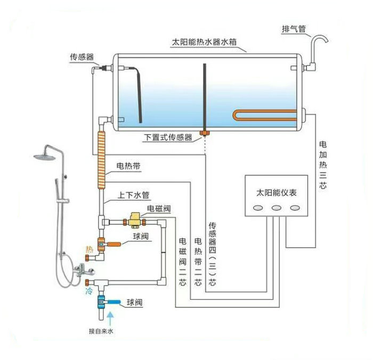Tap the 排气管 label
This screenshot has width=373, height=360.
(294, 29)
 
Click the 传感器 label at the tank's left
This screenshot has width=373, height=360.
(82, 56)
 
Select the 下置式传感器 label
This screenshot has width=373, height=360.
(168, 137)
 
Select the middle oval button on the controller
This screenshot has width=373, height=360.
(276, 209)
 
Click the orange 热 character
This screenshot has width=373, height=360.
(89, 249)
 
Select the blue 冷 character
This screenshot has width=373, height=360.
(89, 292)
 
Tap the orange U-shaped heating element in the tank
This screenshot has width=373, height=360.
(266, 116)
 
